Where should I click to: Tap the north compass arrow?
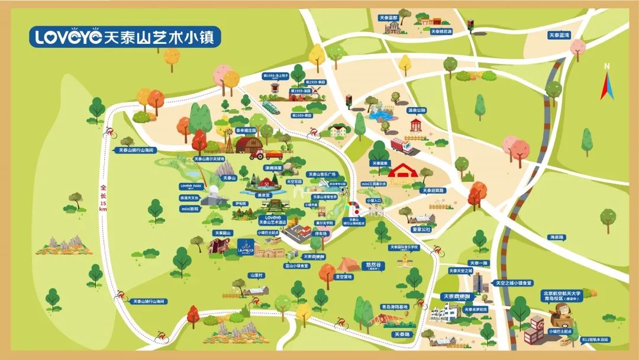(606, 83)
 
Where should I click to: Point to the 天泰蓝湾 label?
(558, 36)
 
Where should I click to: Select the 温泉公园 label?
(417, 110)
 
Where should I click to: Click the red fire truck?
(402, 146)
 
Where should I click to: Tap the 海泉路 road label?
(557, 237)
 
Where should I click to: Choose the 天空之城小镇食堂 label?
(514, 283)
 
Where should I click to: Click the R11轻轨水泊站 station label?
(595, 339)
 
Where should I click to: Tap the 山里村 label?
(256, 275)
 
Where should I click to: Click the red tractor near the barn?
(257, 156)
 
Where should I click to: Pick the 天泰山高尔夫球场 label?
(209, 159)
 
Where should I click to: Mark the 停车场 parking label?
(320, 233)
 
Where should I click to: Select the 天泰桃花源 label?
(441, 31)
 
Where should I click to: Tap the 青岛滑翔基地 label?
(393, 307)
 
